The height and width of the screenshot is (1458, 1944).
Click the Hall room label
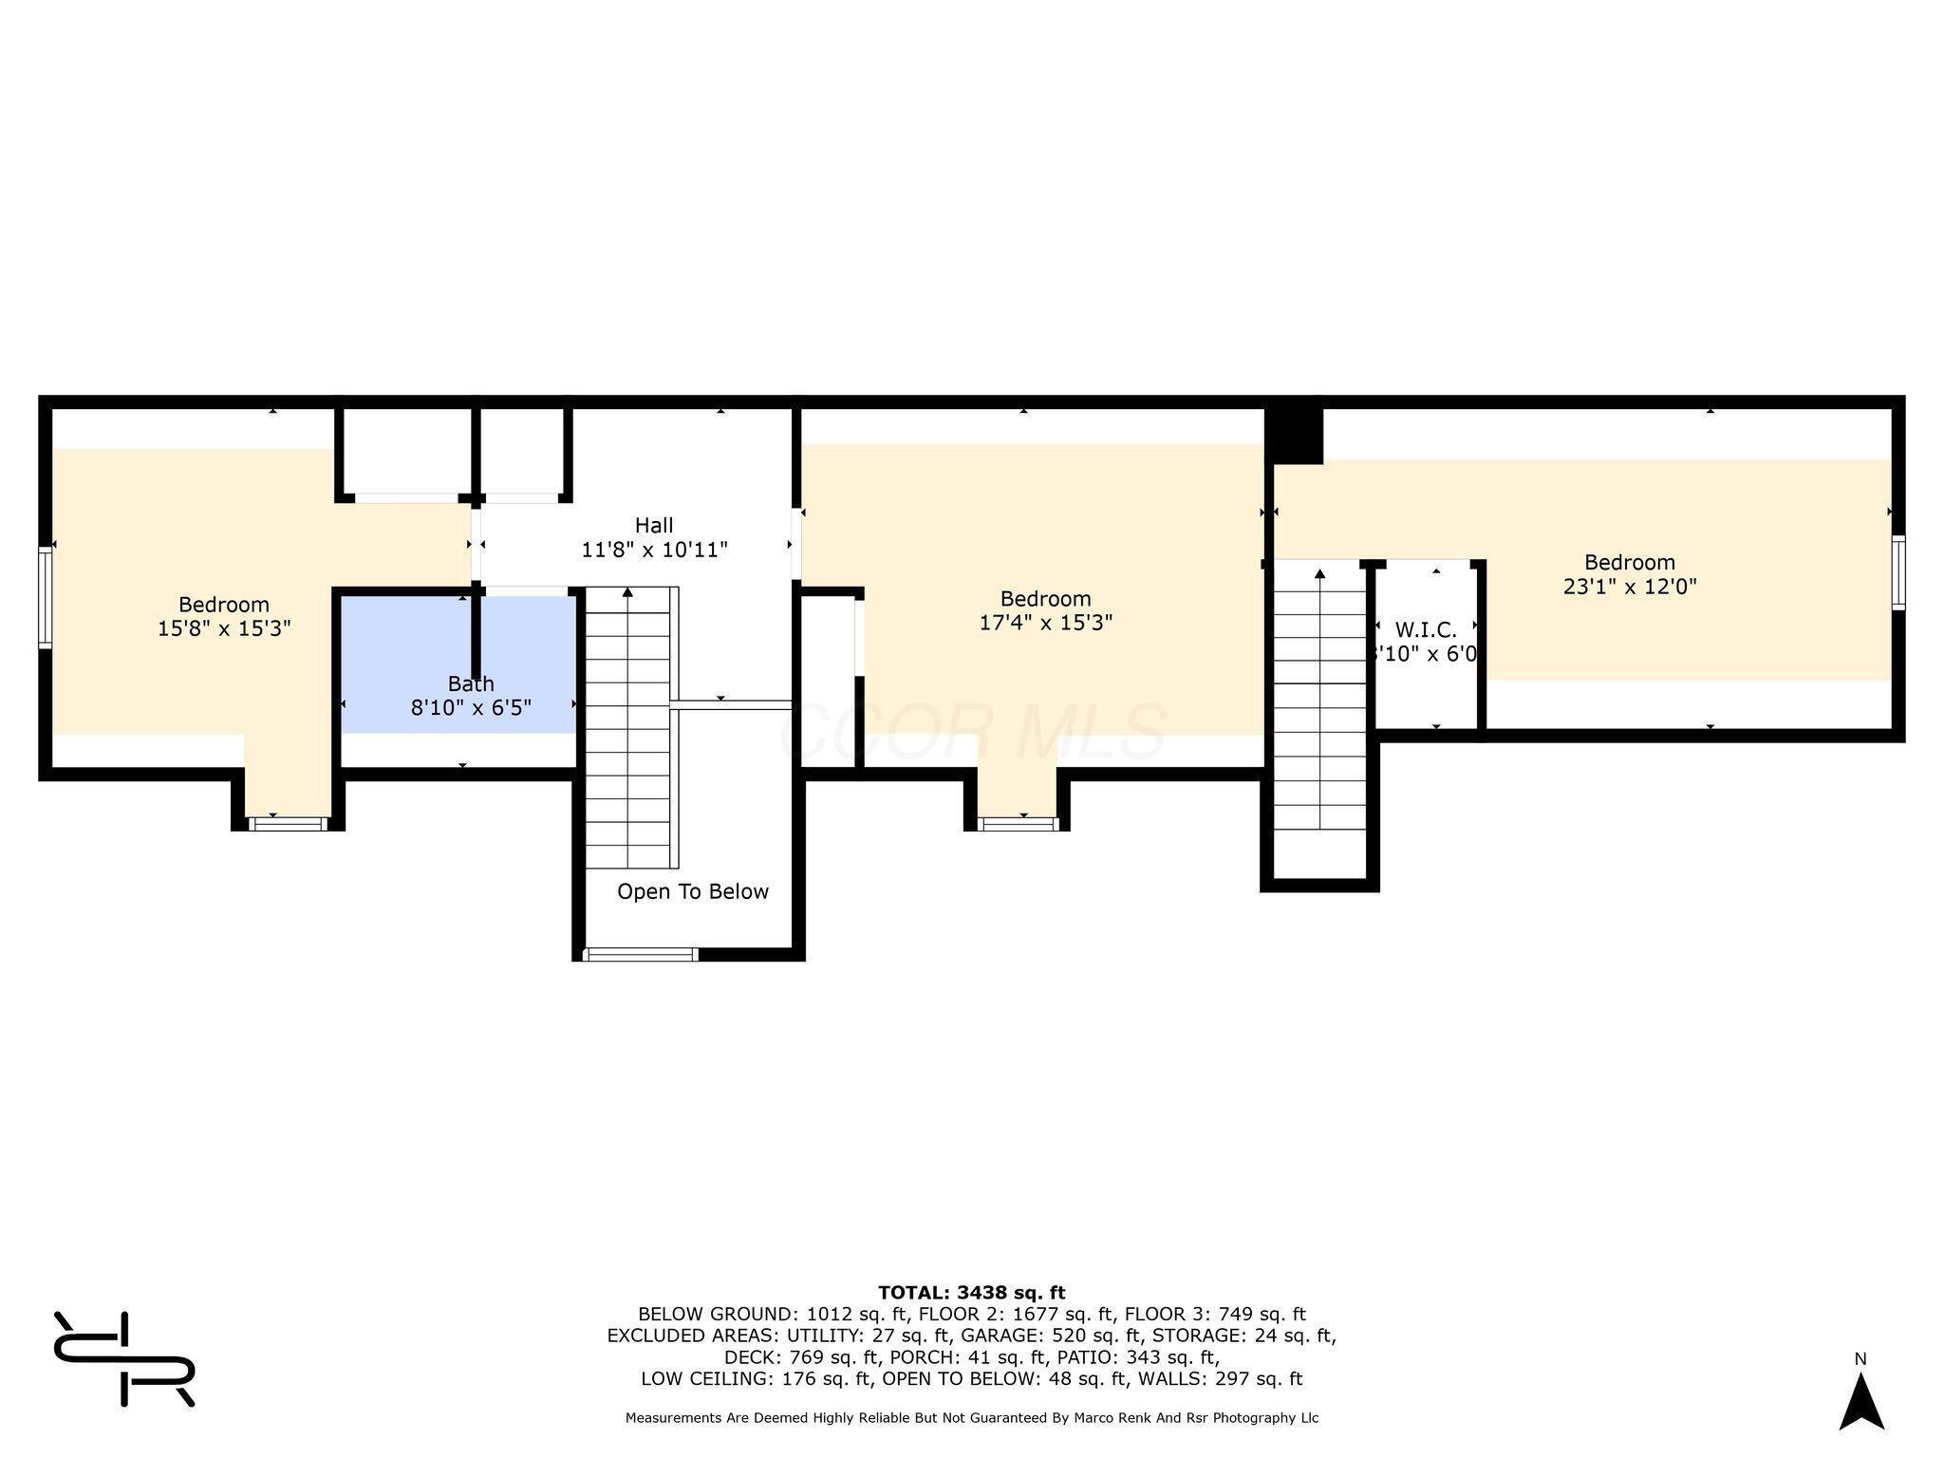[654, 525]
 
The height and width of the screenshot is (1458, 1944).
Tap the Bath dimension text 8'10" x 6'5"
[471, 707]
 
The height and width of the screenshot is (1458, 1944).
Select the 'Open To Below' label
[693, 891]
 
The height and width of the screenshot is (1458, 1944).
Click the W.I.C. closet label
[1426, 630]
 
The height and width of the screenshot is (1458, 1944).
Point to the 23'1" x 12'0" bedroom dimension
[1630, 587]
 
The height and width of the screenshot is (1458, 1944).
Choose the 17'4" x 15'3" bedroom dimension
[1045, 623]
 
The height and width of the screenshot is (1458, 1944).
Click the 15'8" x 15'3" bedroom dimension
[224, 627]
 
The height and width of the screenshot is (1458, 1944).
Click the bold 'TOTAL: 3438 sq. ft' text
[971, 1292]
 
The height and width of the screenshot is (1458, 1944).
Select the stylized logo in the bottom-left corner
[124, 1358]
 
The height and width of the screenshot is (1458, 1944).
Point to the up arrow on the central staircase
[627, 592]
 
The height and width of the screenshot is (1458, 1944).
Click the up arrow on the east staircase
[1319, 573]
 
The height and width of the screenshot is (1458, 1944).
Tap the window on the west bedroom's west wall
[45, 597]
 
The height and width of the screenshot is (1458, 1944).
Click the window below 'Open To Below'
[641, 954]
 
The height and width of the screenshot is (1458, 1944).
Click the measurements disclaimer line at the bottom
[972, 1417]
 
